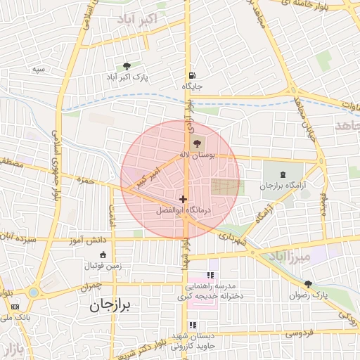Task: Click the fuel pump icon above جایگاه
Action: click(192, 76)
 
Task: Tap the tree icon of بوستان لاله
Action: click(195, 143)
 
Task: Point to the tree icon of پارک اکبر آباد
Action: click(127, 65)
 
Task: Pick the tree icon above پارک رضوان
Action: click(308, 283)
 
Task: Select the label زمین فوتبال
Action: click(103, 265)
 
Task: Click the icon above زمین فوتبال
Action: click(103, 254)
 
